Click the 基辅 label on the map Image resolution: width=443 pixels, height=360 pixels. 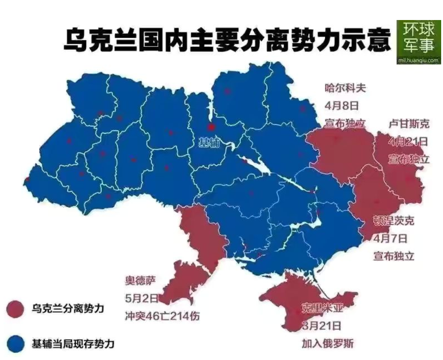[209, 143]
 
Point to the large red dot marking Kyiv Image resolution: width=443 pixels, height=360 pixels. [211, 127]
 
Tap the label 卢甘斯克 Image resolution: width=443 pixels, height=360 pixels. [408, 123]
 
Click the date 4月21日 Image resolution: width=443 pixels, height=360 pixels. [408, 141]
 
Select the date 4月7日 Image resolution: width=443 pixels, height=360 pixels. [390, 238]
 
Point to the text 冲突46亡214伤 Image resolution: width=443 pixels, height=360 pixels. [162, 316]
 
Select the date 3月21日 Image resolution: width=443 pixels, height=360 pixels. [321, 326]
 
